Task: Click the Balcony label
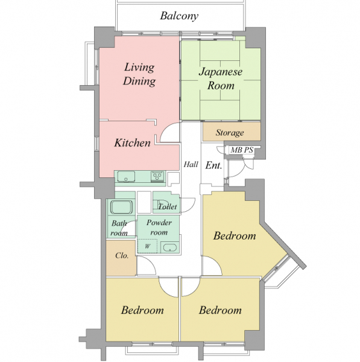179,16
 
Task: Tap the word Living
139,68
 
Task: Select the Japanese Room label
221,78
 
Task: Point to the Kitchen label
132,142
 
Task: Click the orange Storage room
232,132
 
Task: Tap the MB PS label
242,150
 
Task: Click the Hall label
191,164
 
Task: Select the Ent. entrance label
213,165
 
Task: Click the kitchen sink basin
126,177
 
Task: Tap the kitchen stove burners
157,177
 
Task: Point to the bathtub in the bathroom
121,207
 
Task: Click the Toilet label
168,206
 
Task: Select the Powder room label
159,227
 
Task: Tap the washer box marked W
148,246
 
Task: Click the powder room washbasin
170,247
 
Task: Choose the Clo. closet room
121,258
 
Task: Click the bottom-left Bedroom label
142,310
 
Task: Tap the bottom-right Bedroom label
220,310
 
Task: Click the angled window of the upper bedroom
276,268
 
